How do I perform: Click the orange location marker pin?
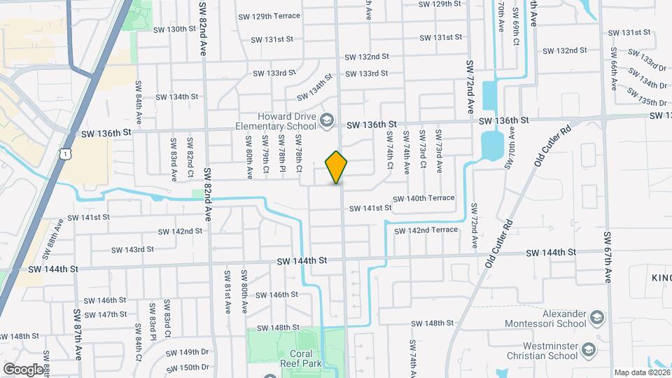(337, 167)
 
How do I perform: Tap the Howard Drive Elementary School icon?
(326, 121)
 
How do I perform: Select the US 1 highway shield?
(65, 153)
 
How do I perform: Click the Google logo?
(23, 369)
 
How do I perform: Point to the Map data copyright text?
(641, 372)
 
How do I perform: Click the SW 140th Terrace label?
(423, 198)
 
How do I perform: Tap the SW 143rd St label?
(132, 249)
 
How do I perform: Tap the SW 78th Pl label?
(281, 160)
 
